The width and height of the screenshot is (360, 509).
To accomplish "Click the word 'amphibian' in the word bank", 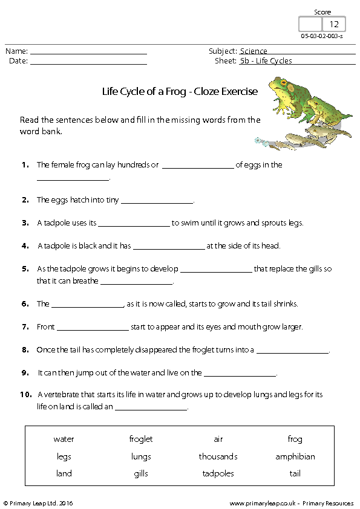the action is tap(295, 456).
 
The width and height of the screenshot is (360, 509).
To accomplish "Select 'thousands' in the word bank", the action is tap(218, 456).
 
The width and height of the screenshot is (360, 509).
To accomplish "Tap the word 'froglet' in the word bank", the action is tap(141, 439).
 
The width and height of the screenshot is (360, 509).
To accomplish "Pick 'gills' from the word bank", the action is tap(141, 474).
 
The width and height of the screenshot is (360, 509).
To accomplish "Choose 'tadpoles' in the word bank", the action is tap(218, 474).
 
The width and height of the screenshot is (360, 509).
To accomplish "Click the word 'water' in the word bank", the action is tap(64, 439).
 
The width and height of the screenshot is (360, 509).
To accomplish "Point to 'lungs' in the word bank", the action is tap(141, 456).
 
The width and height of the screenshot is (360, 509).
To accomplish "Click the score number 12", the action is tap(334, 25).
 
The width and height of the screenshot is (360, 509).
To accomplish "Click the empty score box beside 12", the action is tap(311, 25).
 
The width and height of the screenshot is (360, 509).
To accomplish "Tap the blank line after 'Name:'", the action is tap(88, 52).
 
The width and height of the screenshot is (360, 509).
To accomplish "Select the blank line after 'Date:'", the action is tap(88, 61).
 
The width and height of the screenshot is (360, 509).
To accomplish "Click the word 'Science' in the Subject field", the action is tap(254, 51).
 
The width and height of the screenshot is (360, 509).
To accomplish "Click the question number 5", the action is tap(25, 269).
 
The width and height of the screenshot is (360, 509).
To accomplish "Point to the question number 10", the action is tap(25, 395).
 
